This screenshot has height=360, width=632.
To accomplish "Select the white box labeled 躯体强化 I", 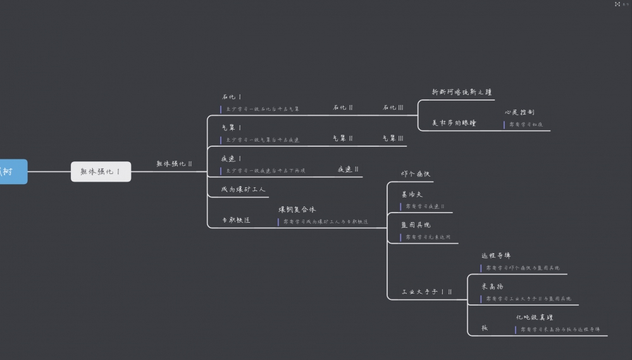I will (101, 171).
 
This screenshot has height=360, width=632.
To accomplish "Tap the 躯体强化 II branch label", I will (174, 164).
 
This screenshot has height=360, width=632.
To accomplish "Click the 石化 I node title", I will (232, 97).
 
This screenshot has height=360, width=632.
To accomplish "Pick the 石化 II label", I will (343, 108).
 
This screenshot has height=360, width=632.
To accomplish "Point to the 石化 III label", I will (393, 108).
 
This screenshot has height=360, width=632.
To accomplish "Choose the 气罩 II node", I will (343, 138).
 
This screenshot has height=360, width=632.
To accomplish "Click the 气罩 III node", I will (393, 138).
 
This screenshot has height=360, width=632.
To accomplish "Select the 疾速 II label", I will (348, 170).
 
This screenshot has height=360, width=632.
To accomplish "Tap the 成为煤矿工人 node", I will (244, 189).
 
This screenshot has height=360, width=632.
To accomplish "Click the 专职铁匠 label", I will (235, 220).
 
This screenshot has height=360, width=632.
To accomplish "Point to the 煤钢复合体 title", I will (297, 209).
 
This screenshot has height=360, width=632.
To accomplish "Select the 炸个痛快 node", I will (416, 174).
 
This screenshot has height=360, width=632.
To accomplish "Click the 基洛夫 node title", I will (412, 194).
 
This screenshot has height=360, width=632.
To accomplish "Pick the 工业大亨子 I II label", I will (427, 292).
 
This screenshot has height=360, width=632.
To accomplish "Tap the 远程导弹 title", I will (496, 256).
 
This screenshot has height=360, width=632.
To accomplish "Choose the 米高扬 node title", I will (492, 286).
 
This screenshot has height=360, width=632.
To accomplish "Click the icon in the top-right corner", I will (617, 4).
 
